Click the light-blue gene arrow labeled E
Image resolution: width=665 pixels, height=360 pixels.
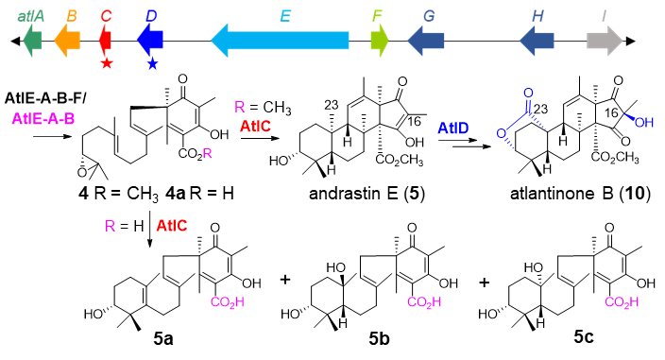(280, 41)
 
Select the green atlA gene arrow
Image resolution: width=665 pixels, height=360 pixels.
(32, 41)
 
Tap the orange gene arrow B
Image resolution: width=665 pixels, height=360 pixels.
(67, 41)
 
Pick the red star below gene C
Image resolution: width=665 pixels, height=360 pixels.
(107, 63)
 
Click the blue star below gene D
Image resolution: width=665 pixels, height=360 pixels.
(153, 64)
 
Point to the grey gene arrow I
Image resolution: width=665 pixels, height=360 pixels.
(605, 41)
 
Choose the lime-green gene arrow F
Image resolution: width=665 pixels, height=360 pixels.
(380, 41)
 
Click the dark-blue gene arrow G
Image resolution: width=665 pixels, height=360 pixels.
(426, 41)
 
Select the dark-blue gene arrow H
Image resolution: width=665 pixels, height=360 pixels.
(537, 41)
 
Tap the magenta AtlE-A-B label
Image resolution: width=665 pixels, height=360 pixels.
(43, 119)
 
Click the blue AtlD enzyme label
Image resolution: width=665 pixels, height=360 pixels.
(453, 128)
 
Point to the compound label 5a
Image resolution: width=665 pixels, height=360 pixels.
(163, 339)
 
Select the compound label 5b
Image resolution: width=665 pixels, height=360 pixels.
(379, 339)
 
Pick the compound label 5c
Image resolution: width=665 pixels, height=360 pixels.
(584, 336)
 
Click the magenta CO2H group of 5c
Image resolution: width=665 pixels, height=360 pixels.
(622, 302)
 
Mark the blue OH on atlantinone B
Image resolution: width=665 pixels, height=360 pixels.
(644, 123)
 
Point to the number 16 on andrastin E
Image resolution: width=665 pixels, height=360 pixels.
(414, 122)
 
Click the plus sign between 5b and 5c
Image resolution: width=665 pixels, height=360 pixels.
(485, 282)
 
